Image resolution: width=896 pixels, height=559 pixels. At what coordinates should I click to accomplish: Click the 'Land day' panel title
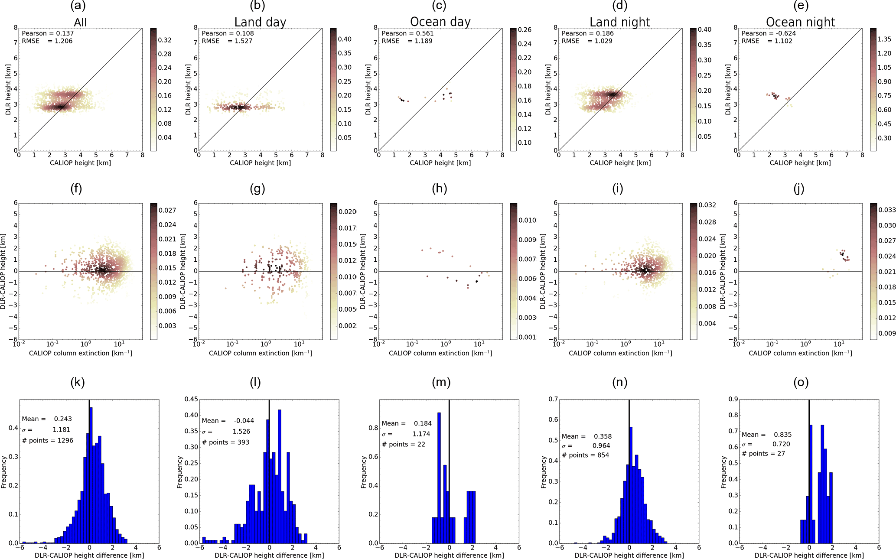(260, 22)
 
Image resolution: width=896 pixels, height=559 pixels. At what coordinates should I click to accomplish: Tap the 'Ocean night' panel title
(800, 22)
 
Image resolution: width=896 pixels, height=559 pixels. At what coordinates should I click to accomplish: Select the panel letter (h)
(440, 188)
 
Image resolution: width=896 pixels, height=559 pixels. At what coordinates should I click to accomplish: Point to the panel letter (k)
(78, 382)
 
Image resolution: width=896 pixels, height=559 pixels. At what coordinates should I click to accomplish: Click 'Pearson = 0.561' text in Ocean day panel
(407, 33)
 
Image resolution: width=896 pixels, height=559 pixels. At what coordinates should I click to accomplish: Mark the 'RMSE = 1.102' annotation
(767, 41)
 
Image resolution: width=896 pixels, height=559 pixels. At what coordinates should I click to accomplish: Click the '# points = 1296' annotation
(48, 441)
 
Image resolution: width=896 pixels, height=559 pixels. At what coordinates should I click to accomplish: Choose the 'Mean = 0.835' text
(766, 435)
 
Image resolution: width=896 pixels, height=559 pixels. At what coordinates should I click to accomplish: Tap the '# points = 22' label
(403, 445)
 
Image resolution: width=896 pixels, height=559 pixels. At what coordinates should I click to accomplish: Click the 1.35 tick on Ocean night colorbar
(884, 39)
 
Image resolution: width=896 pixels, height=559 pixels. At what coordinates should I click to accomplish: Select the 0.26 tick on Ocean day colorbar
(525, 30)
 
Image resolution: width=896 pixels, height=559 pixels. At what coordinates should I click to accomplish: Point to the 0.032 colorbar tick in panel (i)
(707, 205)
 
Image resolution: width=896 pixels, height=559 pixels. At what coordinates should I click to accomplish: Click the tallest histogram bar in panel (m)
(439, 477)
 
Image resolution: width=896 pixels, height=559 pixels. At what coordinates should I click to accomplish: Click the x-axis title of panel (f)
(81, 353)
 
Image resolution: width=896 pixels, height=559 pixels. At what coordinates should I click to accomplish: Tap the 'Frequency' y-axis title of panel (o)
(723, 472)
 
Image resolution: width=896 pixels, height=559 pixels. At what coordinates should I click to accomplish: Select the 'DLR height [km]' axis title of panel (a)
(8, 90)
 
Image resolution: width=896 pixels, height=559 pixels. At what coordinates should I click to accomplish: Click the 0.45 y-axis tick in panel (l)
(192, 399)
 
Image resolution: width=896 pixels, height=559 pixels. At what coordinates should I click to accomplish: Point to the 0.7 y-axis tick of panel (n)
(553, 399)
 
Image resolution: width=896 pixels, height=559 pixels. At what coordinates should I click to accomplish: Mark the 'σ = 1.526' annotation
(226, 432)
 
